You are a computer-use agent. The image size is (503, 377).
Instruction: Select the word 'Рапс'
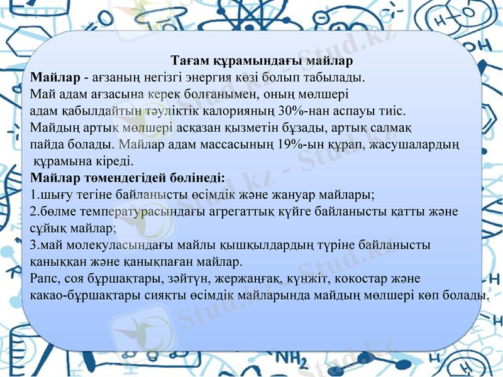coord(43,277)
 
